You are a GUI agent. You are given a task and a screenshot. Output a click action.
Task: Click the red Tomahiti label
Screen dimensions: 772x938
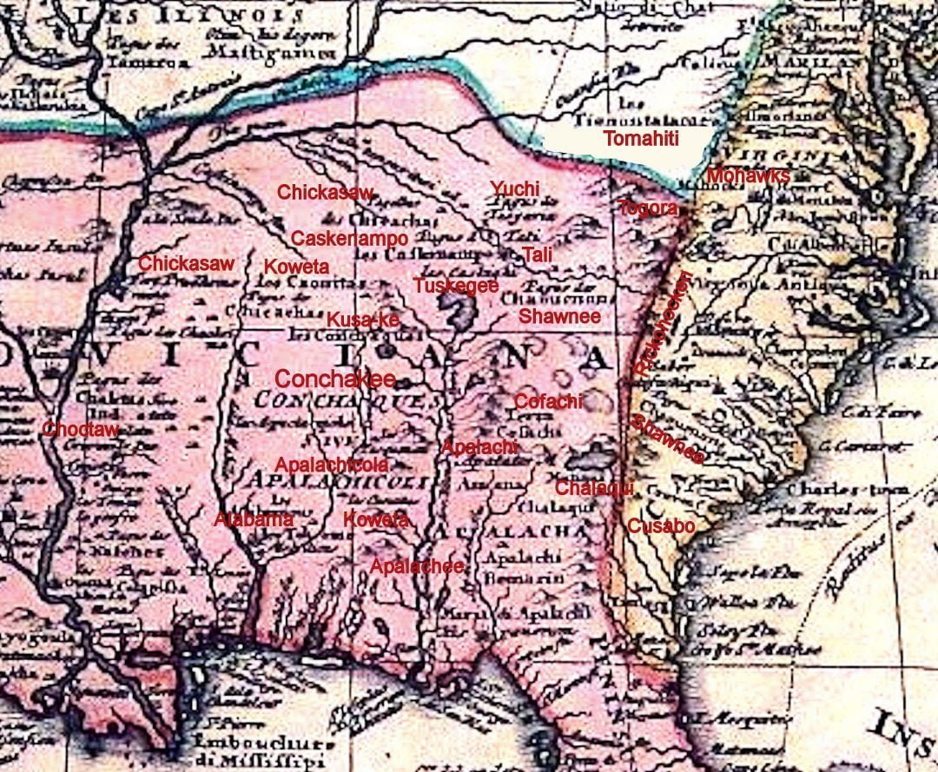coord(641,138)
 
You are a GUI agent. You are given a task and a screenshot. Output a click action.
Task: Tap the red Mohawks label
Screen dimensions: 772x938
coord(748,176)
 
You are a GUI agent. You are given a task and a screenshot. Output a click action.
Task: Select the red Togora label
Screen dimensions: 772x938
coord(647,208)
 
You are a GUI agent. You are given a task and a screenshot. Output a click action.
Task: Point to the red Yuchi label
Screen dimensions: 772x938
coord(515,189)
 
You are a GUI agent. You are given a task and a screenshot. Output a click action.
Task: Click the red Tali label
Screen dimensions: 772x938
coord(537,254)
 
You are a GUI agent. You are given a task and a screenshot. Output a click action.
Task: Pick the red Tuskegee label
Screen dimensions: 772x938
coord(456,286)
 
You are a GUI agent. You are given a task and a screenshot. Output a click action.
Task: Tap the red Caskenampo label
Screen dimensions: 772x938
coord(349,238)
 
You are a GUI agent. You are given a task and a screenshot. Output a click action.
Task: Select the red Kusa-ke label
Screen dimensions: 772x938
coord(363,320)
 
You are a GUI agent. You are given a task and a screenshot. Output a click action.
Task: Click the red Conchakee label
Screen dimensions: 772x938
coord(335,379)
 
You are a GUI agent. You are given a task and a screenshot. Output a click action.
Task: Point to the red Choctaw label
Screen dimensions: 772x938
coord(80,428)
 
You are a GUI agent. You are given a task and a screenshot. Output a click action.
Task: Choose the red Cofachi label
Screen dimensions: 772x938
coord(549,401)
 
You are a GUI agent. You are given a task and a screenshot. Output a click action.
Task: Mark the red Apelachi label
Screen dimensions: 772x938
coord(480,447)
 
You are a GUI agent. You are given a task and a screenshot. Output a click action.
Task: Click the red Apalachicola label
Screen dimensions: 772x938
coord(332,465)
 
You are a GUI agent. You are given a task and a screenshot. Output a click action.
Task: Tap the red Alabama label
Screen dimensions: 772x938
coord(254,520)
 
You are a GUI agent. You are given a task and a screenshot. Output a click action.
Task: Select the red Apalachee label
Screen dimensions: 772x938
coord(417,566)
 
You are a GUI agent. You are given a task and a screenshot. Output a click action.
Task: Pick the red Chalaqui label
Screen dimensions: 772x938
coord(595,487)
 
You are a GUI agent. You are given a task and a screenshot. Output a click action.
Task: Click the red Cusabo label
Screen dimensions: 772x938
coord(661,525)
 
